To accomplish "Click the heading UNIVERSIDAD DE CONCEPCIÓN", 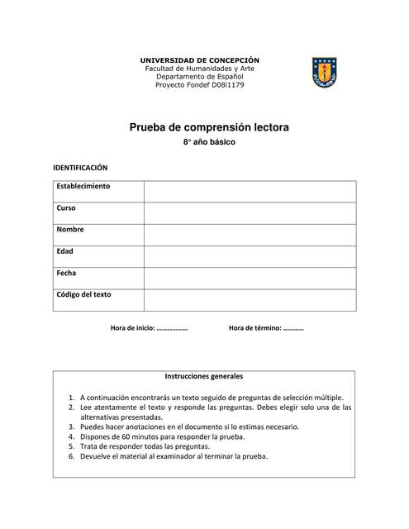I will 199,60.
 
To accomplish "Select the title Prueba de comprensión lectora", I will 209,128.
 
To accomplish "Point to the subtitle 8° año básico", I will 209,143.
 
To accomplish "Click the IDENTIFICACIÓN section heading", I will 81,167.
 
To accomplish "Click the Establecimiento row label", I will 83,187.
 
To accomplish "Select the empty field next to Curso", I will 250,212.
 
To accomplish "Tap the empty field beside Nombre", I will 250,235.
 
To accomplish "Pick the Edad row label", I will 65,251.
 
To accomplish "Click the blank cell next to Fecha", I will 250,278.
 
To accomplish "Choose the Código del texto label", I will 83,294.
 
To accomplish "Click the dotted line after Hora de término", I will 293,329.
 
